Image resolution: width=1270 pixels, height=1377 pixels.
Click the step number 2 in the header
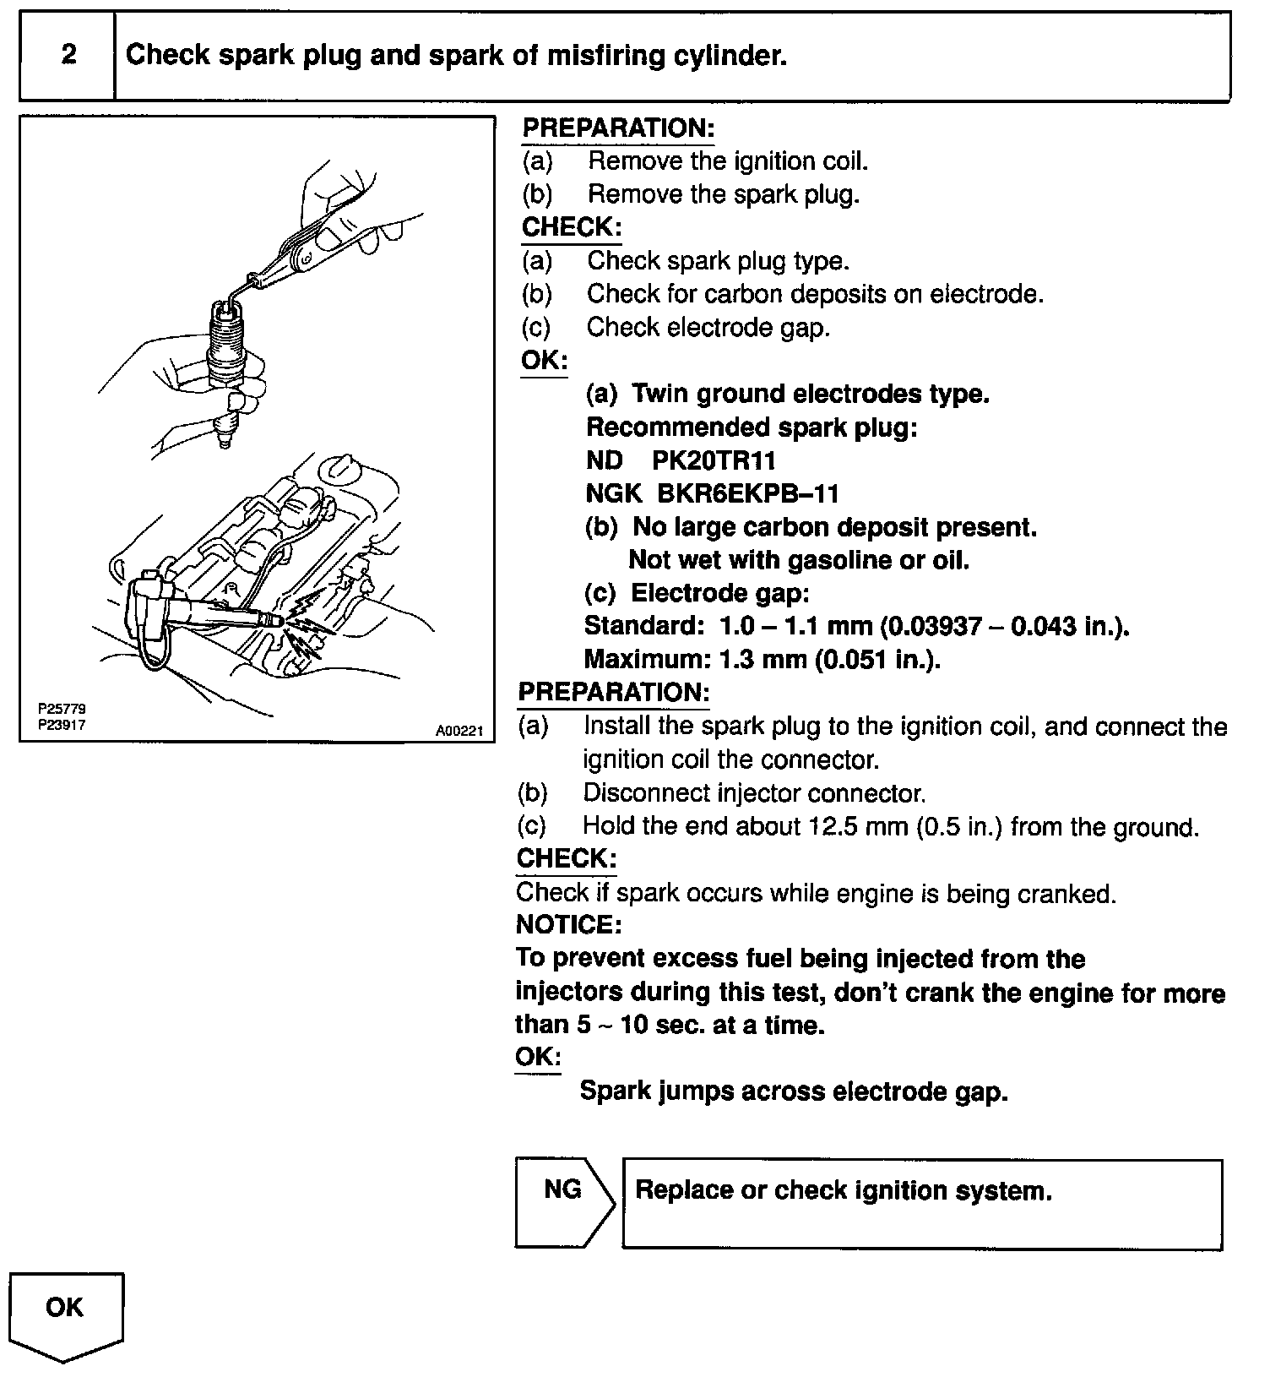point(68,55)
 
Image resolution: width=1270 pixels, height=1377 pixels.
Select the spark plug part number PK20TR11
point(714,460)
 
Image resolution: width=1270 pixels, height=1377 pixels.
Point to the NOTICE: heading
point(568,925)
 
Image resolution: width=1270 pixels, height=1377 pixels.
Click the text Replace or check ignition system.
point(843,1191)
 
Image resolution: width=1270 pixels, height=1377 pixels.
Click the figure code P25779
point(62,710)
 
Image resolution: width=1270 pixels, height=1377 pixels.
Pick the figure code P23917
point(62,725)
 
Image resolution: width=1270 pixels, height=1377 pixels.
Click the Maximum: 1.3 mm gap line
point(762,659)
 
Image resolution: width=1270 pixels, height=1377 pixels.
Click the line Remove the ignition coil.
point(727,161)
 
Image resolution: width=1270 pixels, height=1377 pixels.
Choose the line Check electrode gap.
point(708,327)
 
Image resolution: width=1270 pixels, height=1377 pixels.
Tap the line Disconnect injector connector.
point(753,793)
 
